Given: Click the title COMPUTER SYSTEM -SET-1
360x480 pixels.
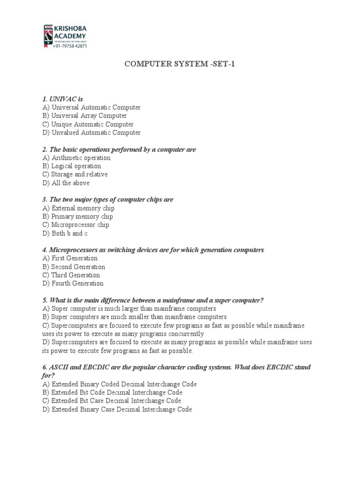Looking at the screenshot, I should (180, 63).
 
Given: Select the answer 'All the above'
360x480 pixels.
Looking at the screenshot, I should (66, 183).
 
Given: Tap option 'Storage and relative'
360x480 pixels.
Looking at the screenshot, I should (75, 174).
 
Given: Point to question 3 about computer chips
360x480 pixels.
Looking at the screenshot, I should (107, 200).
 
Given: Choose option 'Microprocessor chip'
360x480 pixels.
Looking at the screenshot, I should (75, 225).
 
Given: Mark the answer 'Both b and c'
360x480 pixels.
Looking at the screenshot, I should (65, 233).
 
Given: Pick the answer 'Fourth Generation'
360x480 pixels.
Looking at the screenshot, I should (73, 283).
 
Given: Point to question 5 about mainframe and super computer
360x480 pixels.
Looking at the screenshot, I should (153, 300).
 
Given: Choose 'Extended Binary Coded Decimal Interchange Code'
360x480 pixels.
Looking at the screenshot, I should (119, 384).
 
